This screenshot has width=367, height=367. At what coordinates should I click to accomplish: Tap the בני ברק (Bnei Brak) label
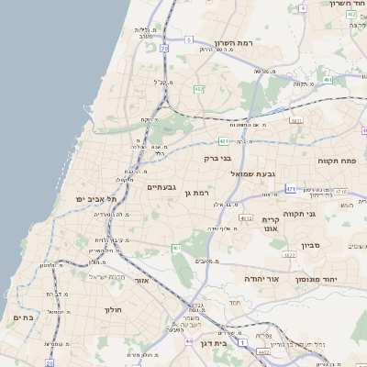tap(217, 158)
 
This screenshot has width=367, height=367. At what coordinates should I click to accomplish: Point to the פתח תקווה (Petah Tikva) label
tap(337, 161)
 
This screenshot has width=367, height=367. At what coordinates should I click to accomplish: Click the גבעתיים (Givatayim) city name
tap(161, 187)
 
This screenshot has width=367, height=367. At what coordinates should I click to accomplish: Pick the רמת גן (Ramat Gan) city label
tap(198, 193)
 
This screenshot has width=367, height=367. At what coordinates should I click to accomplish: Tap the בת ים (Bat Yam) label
tap(23, 317)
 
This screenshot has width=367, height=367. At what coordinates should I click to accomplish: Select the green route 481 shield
tap(224, 141)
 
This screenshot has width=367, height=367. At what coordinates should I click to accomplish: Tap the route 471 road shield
tap(291, 189)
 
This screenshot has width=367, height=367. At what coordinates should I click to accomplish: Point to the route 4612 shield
tap(246, 217)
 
